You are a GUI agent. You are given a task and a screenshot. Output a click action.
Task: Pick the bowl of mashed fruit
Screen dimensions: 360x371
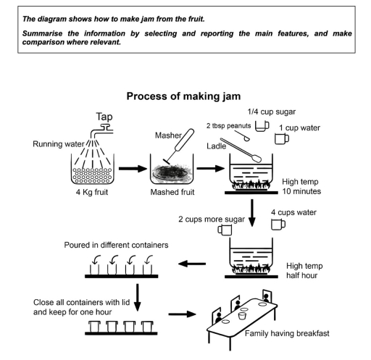(171, 172)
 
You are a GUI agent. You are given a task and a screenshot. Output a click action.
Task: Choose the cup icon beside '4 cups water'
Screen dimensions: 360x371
(277, 225)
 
